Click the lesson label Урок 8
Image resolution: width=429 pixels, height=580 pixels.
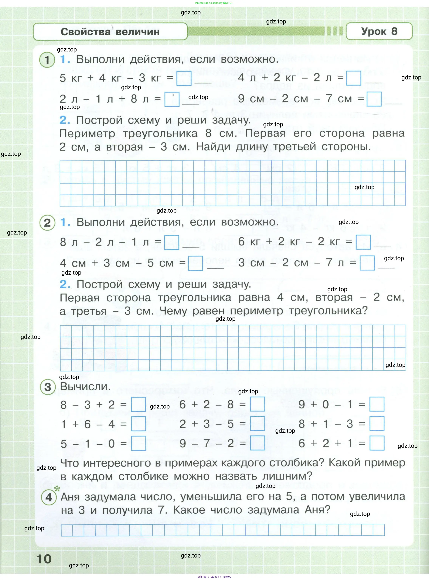tap(379, 31)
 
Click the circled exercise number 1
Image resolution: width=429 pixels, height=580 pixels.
tap(47, 60)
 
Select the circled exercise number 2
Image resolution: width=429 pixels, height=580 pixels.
tap(47, 223)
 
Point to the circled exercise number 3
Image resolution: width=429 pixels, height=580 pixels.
tap(48, 387)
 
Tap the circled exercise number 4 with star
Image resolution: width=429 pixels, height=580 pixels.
tap(49, 498)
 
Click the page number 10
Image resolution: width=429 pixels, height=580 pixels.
tap(44, 559)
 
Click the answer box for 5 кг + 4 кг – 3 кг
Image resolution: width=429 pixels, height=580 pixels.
tap(184, 78)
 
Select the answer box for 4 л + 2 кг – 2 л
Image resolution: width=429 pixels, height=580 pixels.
tap(354, 78)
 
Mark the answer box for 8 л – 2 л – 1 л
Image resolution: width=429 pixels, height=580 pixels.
tap(172, 242)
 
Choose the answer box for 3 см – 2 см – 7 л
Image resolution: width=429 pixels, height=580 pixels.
tap(367, 263)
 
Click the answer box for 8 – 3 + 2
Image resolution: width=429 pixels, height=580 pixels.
tap(138, 405)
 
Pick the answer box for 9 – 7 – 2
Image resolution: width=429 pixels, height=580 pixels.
tap(257, 443)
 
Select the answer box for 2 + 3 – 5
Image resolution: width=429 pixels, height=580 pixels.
tap(257, 424)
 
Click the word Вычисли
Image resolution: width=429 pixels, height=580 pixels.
tap(85, 387)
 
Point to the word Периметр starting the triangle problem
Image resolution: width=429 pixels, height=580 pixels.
tap(87, 134)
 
